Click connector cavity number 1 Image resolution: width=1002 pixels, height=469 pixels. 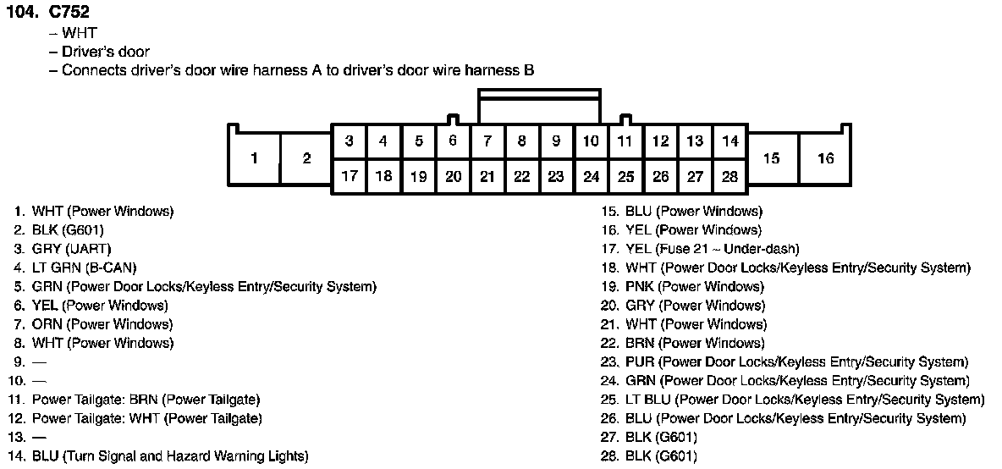(x=254, y=158)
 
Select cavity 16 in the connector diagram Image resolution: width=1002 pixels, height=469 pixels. (x=825, y=158)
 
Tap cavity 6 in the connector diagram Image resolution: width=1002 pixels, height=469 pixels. (x=453, y=141)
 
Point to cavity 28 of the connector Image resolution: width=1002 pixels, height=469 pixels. (x=729, y=177)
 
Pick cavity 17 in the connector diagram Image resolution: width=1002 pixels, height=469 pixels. (x=350, y=177)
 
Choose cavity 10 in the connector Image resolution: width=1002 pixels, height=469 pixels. (x=592, y=141)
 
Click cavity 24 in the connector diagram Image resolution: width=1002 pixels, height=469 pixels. (x=592, y=177)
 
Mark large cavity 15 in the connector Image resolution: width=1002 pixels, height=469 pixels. (x=771, y=158)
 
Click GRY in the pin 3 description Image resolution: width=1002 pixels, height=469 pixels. (x=46, y=249)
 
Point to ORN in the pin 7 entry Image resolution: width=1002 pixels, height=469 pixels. (x=47, y=324)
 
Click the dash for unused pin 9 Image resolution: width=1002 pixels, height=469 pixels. (x=39, y=362)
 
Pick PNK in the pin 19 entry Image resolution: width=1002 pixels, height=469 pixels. (x=640, y=287)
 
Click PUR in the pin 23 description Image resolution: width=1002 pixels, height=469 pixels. (x=640, y=362)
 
